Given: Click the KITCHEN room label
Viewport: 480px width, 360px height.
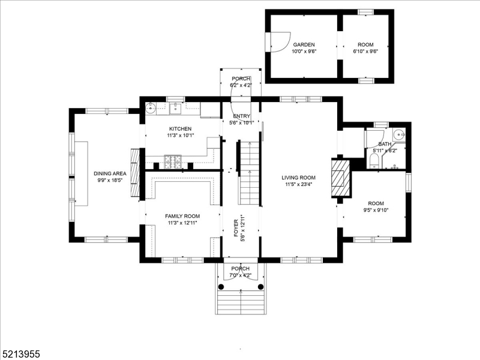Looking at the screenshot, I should (x=180, y=129).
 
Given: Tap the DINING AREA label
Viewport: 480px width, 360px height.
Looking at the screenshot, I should (x=110, y=173).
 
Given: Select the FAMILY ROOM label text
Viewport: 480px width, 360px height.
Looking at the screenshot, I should (x=182, y=216).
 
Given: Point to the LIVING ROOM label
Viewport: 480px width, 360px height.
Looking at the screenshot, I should (x=299, y=178).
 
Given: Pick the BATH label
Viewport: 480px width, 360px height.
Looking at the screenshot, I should (x=384, y=144).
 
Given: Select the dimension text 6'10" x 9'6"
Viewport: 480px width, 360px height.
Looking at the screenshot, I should (x=365, y=52).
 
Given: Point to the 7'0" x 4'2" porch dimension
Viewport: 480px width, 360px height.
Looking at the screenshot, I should (x=240, y=275).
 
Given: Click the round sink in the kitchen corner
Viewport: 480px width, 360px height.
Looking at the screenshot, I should (x=151, y=109).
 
